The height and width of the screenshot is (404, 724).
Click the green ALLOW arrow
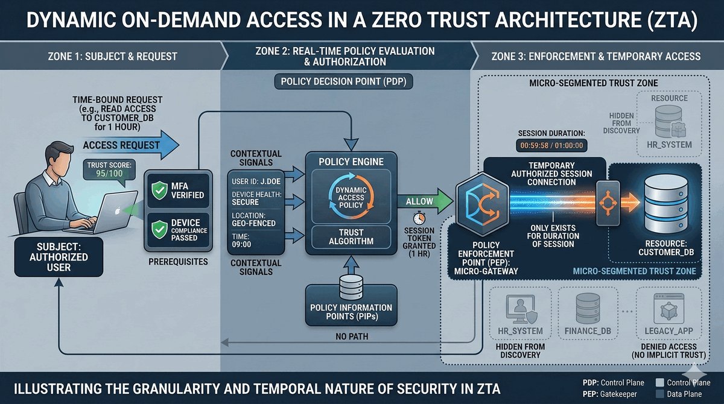(425, 201)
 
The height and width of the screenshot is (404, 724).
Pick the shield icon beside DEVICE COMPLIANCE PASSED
(159, 227)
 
